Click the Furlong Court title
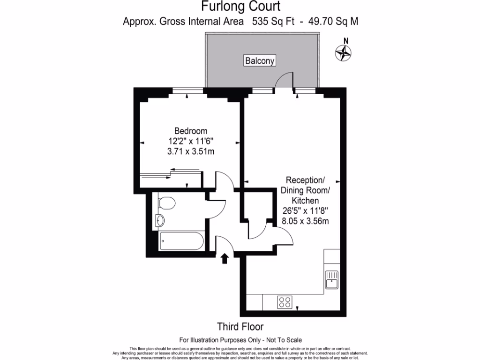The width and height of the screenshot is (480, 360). click(x=241, y=7)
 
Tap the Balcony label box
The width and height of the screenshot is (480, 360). click(x=259, y=60)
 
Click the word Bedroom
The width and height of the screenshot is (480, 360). click(x=190, y=131)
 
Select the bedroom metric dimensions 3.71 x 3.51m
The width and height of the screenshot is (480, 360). click(x=190, y=151)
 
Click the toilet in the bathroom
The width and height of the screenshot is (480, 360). click(x=166, y=203)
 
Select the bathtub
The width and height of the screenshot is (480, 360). click(x=181, y=241)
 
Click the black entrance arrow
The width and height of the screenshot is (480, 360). click(x=225, y=258)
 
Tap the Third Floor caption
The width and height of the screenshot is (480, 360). click(x=240, y=326)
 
